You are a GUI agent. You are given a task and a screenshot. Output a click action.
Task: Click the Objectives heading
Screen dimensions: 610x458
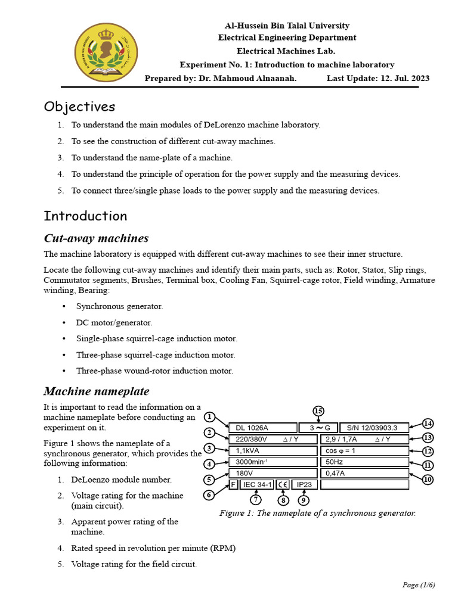(79, 107)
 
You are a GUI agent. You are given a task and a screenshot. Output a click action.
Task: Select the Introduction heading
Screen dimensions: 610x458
(85, 216)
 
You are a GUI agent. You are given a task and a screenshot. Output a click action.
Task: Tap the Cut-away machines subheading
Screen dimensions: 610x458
(96, 238)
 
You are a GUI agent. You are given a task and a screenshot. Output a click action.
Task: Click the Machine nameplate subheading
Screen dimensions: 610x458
(97, 391)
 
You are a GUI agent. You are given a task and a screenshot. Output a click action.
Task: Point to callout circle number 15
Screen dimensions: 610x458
(318, 411)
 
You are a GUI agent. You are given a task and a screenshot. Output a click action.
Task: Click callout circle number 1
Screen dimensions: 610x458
(209, 416)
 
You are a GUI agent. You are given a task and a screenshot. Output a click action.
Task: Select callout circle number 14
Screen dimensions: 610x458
(428, 423)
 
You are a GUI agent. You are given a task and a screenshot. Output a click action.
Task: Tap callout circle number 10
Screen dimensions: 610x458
(428, 479)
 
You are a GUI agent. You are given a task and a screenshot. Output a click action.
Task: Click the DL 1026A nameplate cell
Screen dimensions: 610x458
(262, 428)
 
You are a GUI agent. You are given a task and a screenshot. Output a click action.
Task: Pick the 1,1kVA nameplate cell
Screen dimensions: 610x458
(273, 450)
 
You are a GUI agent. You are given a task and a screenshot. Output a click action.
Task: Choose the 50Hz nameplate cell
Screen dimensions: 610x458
(364, 462)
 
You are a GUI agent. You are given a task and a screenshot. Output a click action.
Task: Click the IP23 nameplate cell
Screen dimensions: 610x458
(304, 484)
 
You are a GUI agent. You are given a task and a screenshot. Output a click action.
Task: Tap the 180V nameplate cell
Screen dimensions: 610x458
(273, 473)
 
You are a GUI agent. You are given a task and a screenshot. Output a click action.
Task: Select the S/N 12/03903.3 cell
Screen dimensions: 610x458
(374, 428)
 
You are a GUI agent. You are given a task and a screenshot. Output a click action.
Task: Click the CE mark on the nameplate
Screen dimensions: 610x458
(283, 484)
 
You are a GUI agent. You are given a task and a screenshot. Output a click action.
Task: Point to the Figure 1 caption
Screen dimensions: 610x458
(317, 513)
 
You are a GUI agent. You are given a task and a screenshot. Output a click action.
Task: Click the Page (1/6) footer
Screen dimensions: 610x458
(419, 584)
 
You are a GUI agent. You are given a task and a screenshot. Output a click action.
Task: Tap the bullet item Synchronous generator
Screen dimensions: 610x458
(119, 306)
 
